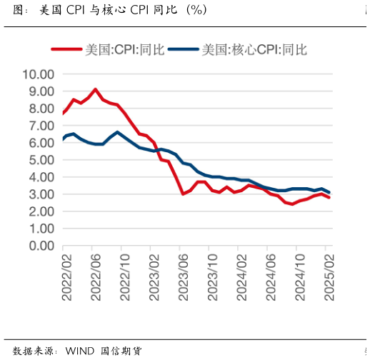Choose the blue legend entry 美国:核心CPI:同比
[254, 49]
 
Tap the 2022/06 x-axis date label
[94, 275]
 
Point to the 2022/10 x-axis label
[124, 275]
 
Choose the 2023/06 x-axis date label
[183, 275]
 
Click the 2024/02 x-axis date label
[241, 275]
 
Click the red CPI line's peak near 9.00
[95, 89]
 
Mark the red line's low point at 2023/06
[183, 194]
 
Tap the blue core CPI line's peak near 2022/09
[117, 132]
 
